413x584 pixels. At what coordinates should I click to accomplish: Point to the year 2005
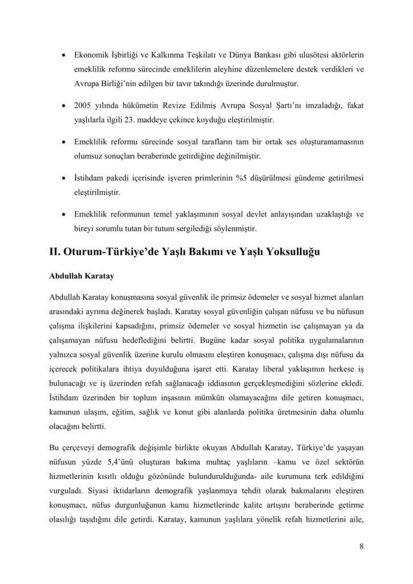pos(83,106)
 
